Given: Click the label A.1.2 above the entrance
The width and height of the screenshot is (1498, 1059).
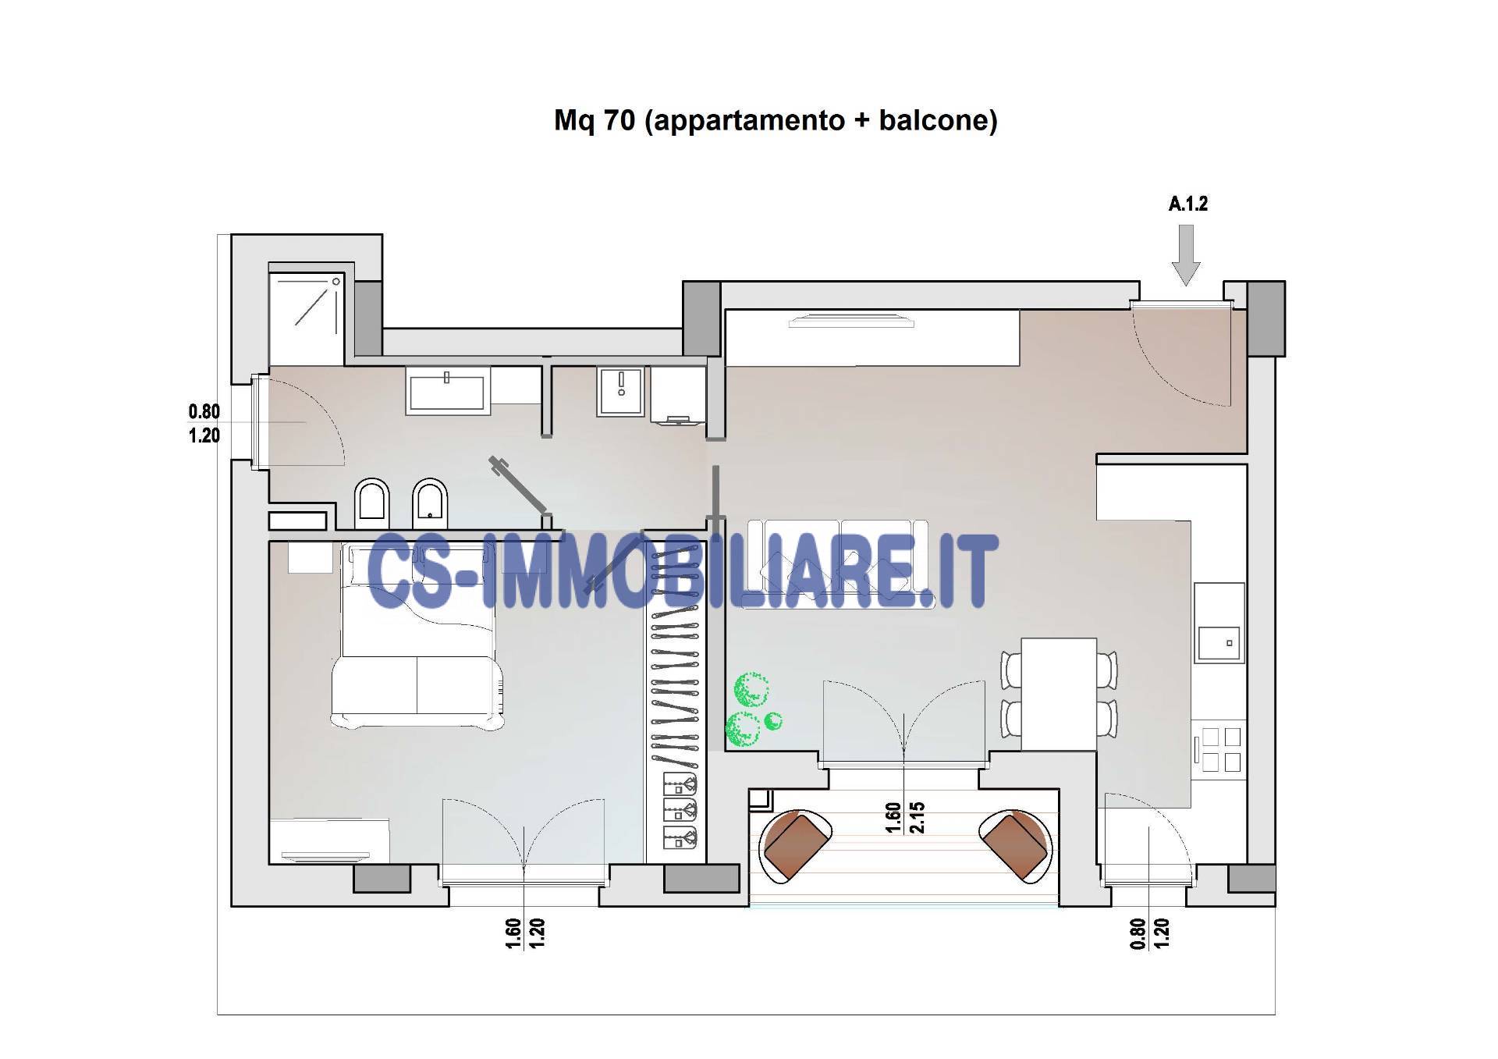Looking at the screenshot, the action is pos(1187,204).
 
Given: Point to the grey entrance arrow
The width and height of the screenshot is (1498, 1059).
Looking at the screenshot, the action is pos(1186,255).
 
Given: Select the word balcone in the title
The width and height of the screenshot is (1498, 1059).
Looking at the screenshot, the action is pos(934,120).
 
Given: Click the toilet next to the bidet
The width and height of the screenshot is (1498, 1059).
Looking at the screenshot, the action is pos(371,501).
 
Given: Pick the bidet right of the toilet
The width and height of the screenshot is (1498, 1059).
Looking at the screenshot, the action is pos(428,501).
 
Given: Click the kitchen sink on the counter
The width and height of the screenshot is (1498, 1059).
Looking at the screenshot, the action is pos(1220,644).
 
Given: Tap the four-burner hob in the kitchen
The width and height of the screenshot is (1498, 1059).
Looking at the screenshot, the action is pos(1221,749).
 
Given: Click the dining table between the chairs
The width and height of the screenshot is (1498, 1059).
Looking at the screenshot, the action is pos(1059,694).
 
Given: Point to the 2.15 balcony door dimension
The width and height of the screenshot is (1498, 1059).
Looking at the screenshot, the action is pos(917,817).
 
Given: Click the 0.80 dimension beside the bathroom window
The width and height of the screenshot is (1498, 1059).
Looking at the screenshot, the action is pos(204,411).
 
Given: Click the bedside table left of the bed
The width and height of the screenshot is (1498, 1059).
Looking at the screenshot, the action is pos(311,558).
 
